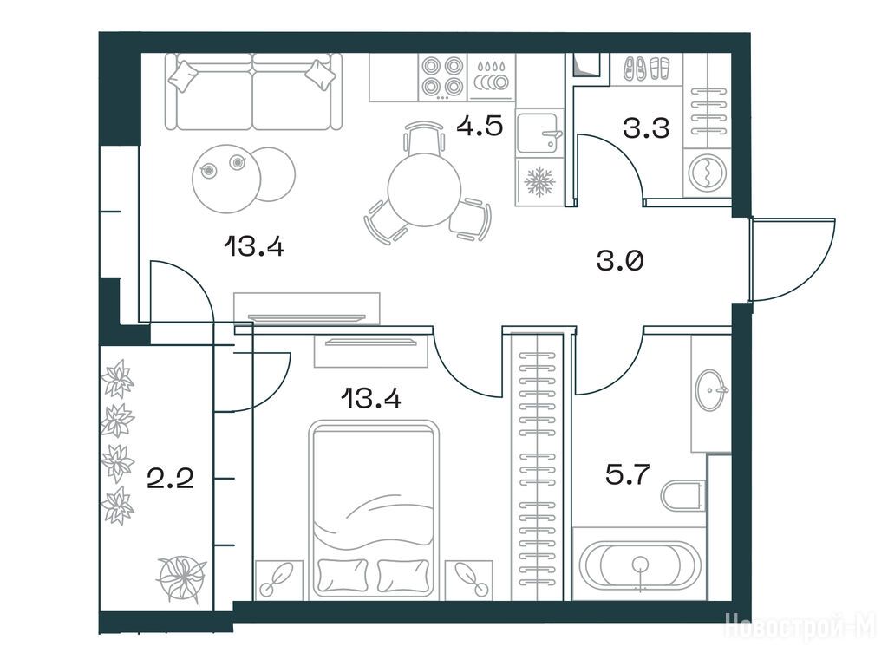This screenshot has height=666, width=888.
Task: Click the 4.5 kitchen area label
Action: [x=480, y=126]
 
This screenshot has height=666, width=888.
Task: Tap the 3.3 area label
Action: [x=646, y=128]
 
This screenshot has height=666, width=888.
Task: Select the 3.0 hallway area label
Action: [x=620, y=262]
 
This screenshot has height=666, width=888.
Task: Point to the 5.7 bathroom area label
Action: [x=627, y=474]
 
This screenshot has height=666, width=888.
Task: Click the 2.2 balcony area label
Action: [x=170, y=479]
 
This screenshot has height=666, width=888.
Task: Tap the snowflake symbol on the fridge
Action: [x=539, y=182]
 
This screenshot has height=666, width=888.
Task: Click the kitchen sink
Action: [x=539, y=133]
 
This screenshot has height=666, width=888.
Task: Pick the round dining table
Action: [x=425, y=190]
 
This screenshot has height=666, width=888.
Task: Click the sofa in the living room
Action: [x=254, y=92]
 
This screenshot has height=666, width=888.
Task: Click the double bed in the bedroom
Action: [x=373, y=510]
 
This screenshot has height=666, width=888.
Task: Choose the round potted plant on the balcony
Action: [x=181, y=578]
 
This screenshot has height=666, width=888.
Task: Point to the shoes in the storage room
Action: [x=646, y=69]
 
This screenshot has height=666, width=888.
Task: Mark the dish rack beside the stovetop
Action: [x=491, y=77]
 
